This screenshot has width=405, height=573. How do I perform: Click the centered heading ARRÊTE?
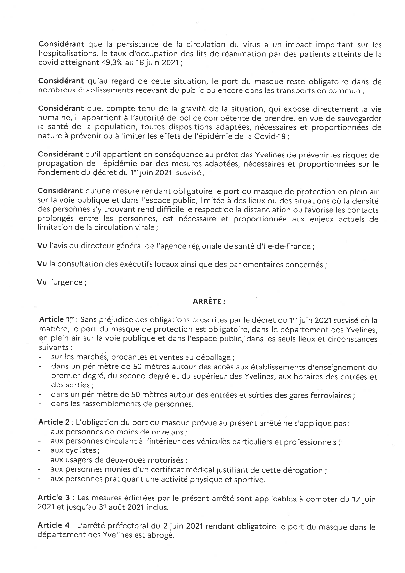(209, 302)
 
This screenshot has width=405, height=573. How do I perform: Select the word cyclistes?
(74, 450)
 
